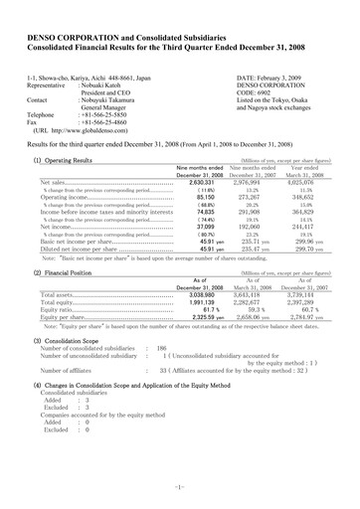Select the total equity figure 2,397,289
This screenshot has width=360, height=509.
314,275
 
